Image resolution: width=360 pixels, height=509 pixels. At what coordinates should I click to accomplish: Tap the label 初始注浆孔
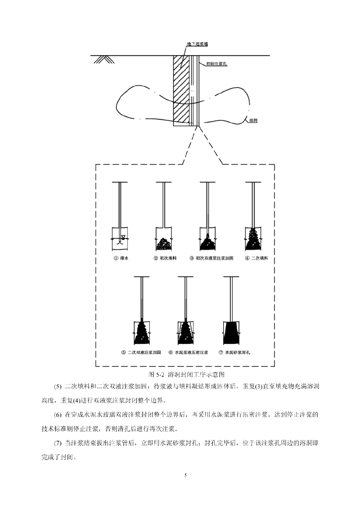click(214, 64)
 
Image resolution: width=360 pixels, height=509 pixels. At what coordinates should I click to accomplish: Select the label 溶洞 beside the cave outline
click(253, 121)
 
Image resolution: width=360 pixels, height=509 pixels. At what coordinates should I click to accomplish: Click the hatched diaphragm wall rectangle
click(181, 89)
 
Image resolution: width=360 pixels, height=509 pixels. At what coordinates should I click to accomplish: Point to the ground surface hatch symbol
click(104, 59)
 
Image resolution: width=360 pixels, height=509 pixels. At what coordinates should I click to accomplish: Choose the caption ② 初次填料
click(164, 258)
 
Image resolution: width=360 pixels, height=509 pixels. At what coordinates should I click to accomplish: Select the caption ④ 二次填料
click(253, 258)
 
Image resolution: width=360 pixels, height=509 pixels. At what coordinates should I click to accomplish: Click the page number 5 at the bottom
click(185, 476)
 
